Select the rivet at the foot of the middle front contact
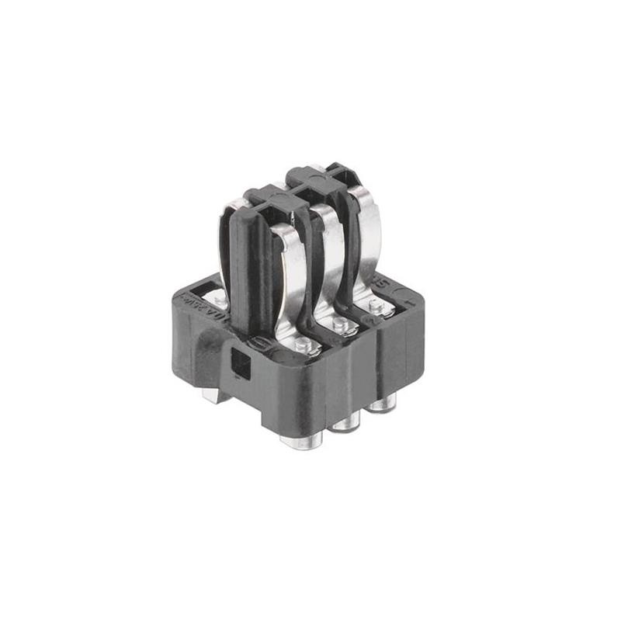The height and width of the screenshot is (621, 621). coord(340,322)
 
